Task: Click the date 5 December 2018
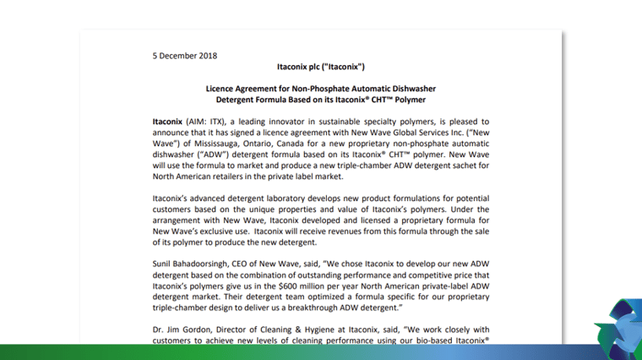185,56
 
